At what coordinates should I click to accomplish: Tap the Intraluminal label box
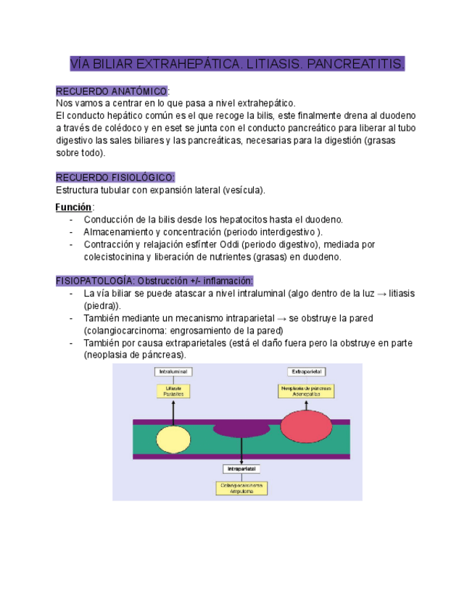point(173,372)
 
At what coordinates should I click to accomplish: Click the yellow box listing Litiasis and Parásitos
point(173,391)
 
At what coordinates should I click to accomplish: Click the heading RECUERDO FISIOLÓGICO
point(115,178)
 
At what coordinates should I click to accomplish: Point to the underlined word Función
point(73,207)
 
